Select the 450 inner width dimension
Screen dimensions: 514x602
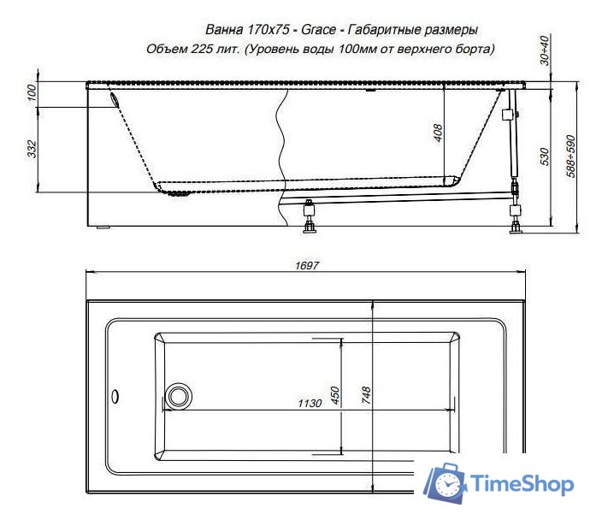(336, 395)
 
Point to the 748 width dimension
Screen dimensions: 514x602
(366, 394)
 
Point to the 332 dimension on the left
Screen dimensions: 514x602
(32, 150)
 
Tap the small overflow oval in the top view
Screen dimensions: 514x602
(114, 396)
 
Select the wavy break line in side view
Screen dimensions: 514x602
(279, 154)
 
